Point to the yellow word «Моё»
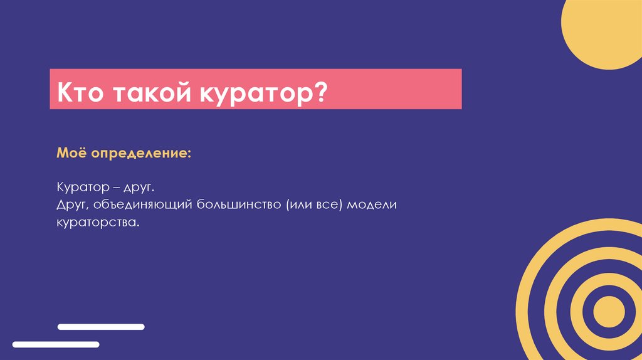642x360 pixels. (x=71, y=153)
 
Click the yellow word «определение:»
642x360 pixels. (x=142, y=154)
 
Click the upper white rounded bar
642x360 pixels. (x=101, y=327)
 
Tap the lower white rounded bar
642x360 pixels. (x=56, y=344)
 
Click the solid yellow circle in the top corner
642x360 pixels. (x=605, y=31)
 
